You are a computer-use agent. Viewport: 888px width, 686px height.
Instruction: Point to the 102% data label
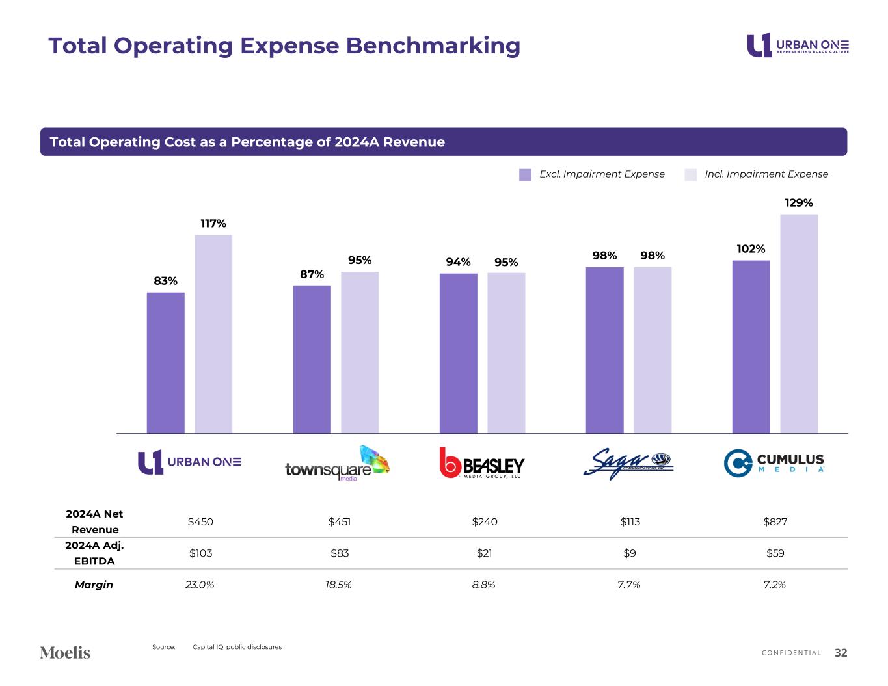pos(751,249)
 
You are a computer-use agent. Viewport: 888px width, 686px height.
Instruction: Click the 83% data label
pos(166,281)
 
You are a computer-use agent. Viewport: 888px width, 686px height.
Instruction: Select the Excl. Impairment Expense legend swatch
pos(525,174)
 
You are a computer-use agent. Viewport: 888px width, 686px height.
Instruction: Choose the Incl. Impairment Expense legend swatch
pos(690,174)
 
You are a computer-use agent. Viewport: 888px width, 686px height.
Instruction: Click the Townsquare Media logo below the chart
pos(337,464)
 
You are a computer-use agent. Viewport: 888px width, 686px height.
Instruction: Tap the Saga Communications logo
pos(628,463)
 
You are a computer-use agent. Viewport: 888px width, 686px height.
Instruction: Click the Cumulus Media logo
pos(774,463)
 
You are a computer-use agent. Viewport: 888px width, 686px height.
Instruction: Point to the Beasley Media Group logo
pos(481,463)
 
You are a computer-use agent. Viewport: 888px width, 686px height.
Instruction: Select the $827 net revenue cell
pos(775,521)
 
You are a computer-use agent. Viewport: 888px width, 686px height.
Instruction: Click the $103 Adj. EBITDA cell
pos(200,553)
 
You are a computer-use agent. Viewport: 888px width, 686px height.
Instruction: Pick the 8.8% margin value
pos(483,585)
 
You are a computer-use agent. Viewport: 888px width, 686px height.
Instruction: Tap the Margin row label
pos(94,585)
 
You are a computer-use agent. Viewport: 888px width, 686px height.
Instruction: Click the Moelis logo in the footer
pos(65,652)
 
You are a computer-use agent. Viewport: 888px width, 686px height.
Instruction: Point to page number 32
pos(841,653)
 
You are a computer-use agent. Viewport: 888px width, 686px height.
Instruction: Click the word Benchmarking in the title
pos(433,46)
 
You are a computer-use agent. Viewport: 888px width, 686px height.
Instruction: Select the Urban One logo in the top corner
pos(797,45)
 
